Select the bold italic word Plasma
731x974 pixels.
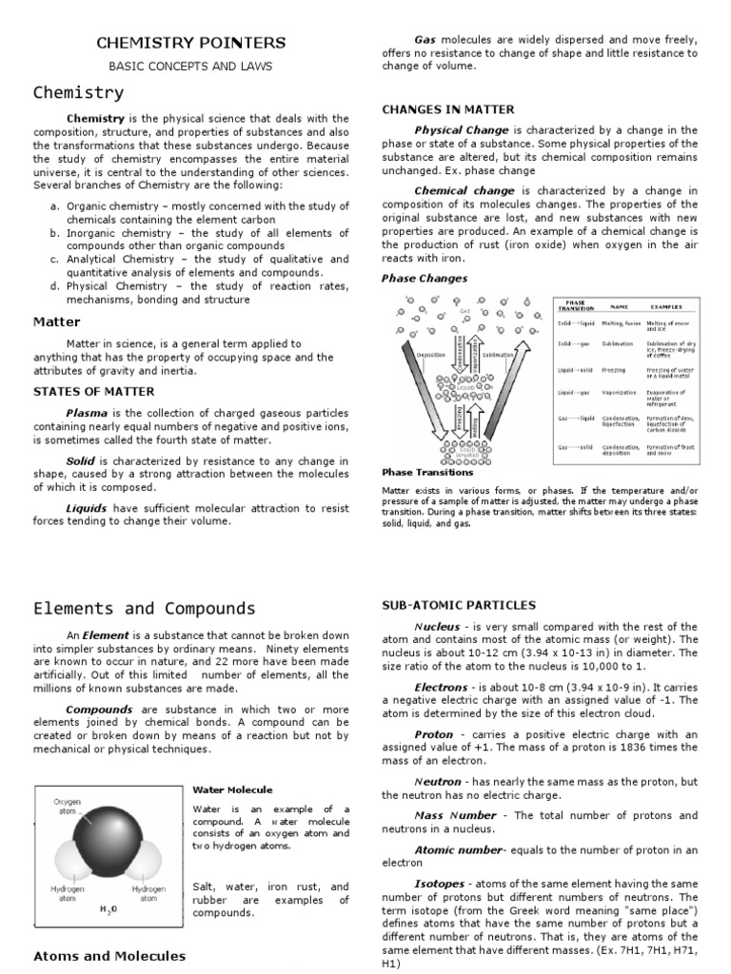[86, 414]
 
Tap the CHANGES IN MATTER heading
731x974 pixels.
[448, 109]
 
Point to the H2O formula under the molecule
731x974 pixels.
[109, 908]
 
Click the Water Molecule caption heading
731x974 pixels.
[232, 789]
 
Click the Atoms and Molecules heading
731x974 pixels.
[109, 956]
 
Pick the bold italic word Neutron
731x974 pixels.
[437, 782]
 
